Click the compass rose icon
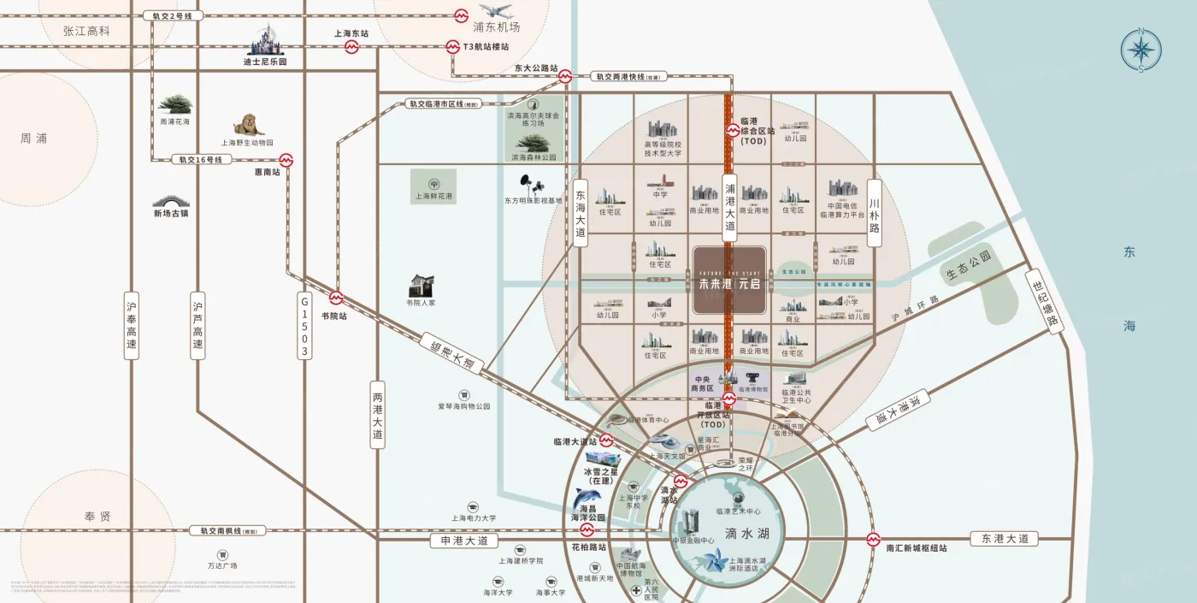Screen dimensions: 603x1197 1141,50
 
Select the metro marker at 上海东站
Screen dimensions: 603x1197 351,47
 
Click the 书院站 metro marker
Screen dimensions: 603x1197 336,299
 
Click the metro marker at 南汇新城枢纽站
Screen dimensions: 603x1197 873,540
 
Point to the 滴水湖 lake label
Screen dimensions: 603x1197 742,533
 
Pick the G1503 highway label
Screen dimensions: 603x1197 304,327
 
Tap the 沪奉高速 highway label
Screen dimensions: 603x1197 131,325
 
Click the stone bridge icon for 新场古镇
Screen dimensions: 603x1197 170,201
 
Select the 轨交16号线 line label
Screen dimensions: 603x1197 199,160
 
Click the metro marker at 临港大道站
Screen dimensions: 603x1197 606,441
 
